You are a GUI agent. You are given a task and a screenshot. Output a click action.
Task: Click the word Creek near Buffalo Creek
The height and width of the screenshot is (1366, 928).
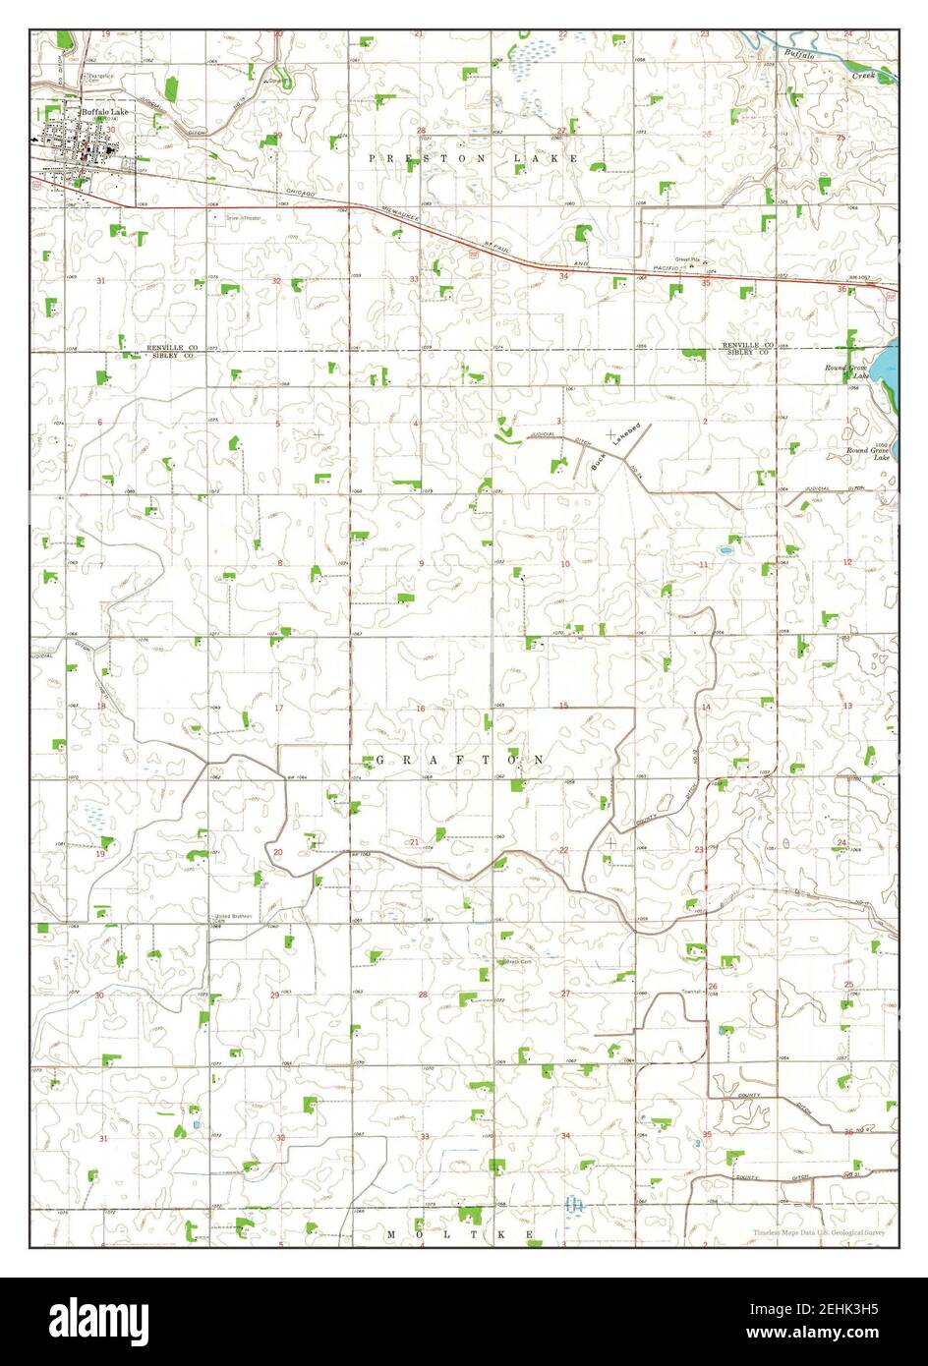(x=864, y=74)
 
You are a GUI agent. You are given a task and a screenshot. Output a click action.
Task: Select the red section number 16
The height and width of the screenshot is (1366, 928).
(x=421, y=709)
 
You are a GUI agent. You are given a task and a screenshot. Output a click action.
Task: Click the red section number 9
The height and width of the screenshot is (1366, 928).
(x=421, y=563)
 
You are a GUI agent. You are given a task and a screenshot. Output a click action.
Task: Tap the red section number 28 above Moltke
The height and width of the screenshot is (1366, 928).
(x=423, y=995)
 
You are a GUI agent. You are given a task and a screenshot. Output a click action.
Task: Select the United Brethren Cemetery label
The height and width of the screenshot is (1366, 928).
(x=234, y=918)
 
